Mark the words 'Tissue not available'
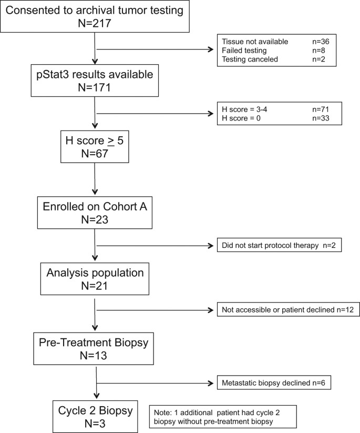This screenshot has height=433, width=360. click(x=250, y=42)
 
